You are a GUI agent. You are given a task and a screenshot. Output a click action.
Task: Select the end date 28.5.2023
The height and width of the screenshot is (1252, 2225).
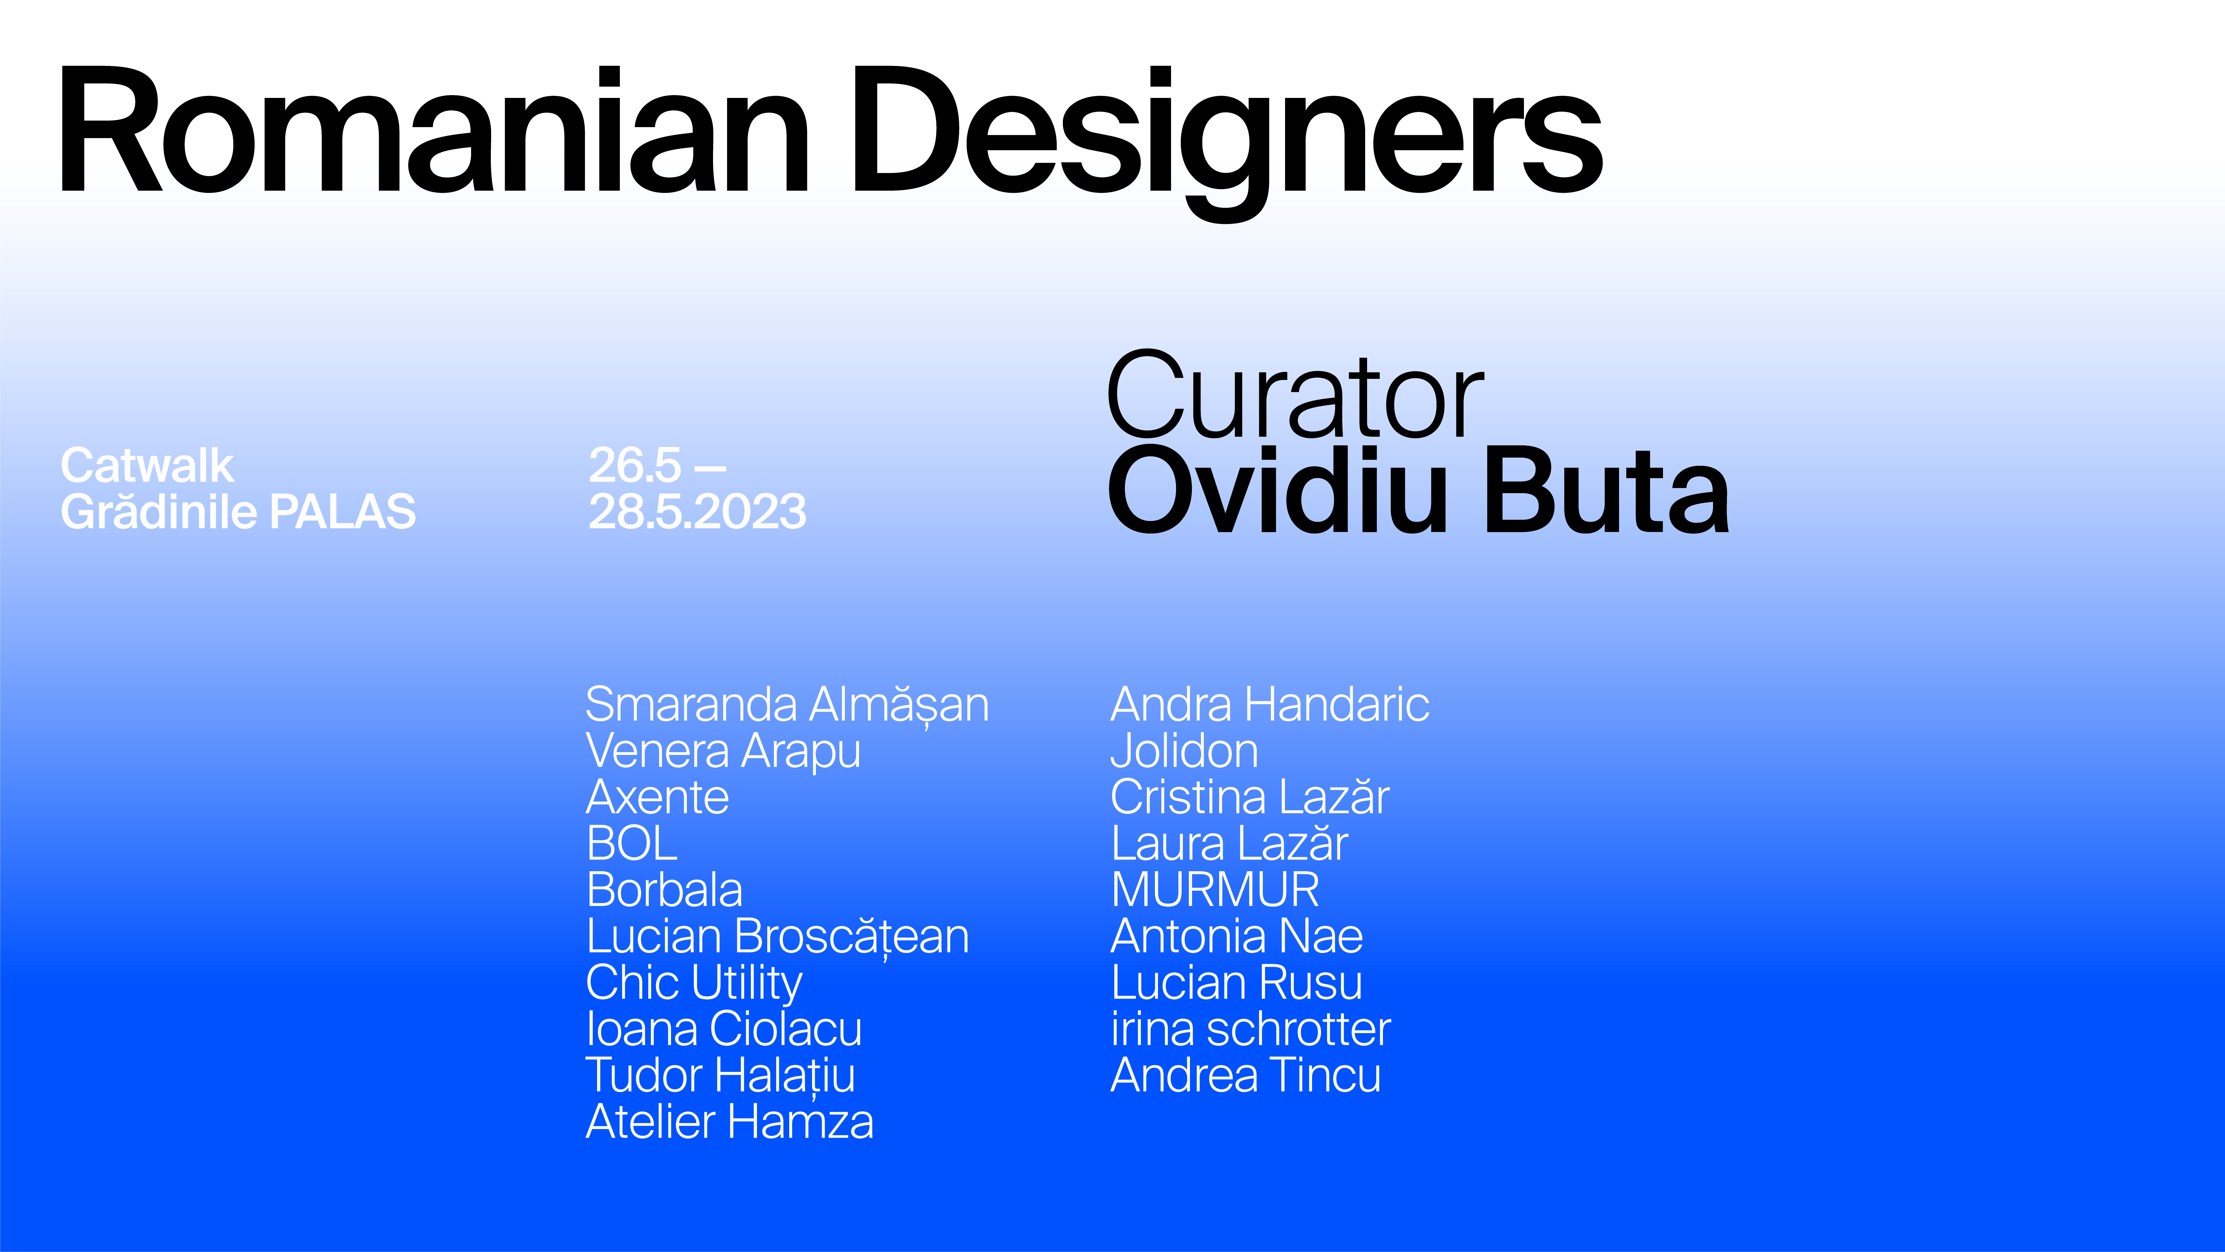pos(697,512)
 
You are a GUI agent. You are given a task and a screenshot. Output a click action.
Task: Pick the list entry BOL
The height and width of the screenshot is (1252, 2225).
pos(631,843)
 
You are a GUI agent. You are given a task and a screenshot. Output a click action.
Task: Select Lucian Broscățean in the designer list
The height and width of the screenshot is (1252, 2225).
pos(777,937)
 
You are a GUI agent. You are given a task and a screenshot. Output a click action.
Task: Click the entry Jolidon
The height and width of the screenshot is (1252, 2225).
pos(1184,751)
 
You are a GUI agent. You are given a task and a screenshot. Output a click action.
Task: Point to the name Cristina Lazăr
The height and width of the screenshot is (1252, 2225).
pos(1250,797)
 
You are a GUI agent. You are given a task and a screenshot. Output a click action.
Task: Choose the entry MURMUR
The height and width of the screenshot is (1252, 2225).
pos(1215,890)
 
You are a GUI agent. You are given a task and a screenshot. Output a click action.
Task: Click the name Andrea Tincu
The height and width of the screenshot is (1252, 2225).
pos(1246,1076)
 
